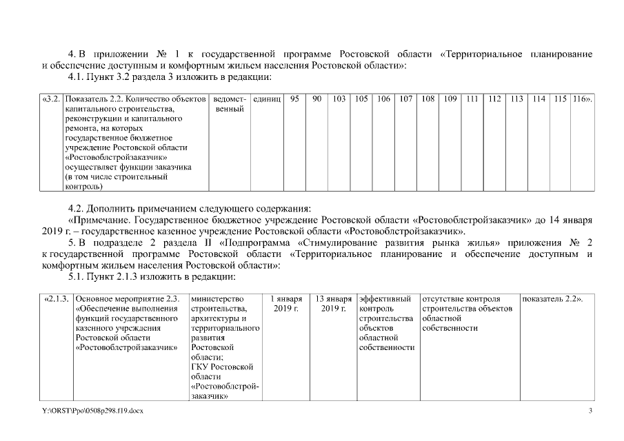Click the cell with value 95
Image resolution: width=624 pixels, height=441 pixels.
(x=294, y=99)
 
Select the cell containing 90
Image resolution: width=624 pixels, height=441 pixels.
(x=316, y=99)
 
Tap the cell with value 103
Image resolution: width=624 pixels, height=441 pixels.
(x=339, y=99)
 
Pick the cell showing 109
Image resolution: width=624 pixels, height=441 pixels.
(x=450, y=99)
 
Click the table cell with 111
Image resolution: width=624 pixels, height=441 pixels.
(x=472, y=99)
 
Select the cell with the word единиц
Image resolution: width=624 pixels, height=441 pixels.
(x=267, y=99)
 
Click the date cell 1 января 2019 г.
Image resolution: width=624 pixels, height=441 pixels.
(x=286, y=304)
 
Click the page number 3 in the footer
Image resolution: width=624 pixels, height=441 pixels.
(x=590, y=411)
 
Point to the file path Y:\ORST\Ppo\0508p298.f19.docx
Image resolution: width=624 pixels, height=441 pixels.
(x=92, y=411)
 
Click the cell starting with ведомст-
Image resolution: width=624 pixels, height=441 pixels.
(x=230, y=104)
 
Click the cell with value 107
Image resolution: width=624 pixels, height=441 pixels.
(x=406, y=99)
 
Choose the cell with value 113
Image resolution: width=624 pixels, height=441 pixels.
(x=516, y=99)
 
